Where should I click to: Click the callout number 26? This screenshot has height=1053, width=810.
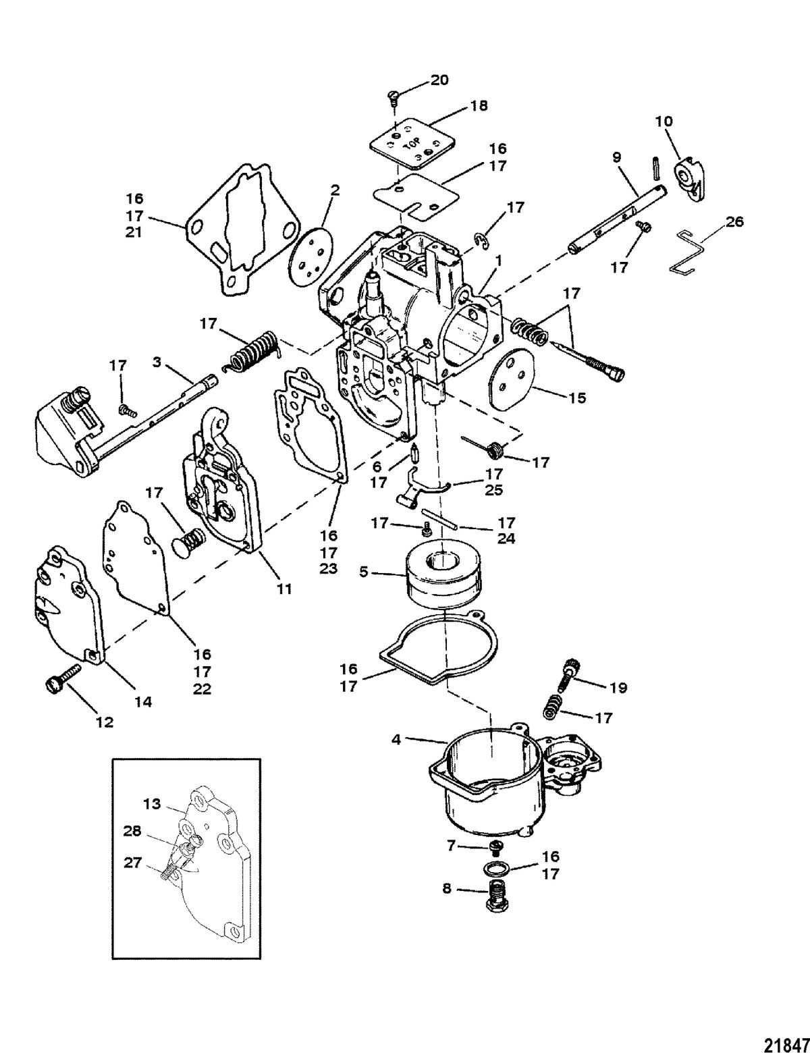(734, 221)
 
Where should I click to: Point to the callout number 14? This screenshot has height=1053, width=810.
(142, 701)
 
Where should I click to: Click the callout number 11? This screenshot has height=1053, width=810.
(284, 589)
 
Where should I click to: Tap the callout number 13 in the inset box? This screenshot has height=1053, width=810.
(153, 803)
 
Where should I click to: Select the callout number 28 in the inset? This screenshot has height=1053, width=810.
(153, 832)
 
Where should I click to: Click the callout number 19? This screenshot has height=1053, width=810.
(618, 688)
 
